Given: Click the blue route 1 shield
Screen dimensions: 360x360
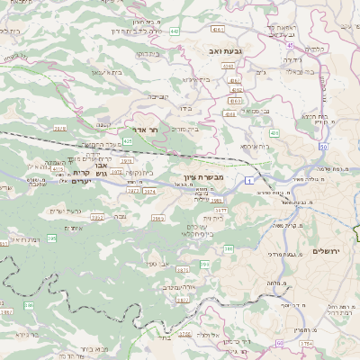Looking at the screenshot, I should click(x=245, y=182).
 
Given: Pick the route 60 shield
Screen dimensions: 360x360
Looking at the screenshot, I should click(x=279, y=344).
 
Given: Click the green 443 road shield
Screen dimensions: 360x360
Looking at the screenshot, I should click(x=198, y=31).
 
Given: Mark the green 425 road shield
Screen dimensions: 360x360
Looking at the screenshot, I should click(x=128, y=141).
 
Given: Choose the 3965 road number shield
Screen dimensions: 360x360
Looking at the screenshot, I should click(x=157, y=217).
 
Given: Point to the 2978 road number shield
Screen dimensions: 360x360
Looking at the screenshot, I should click(x=60, y=128).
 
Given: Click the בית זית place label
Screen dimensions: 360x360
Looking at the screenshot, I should click(x=211, y=217).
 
